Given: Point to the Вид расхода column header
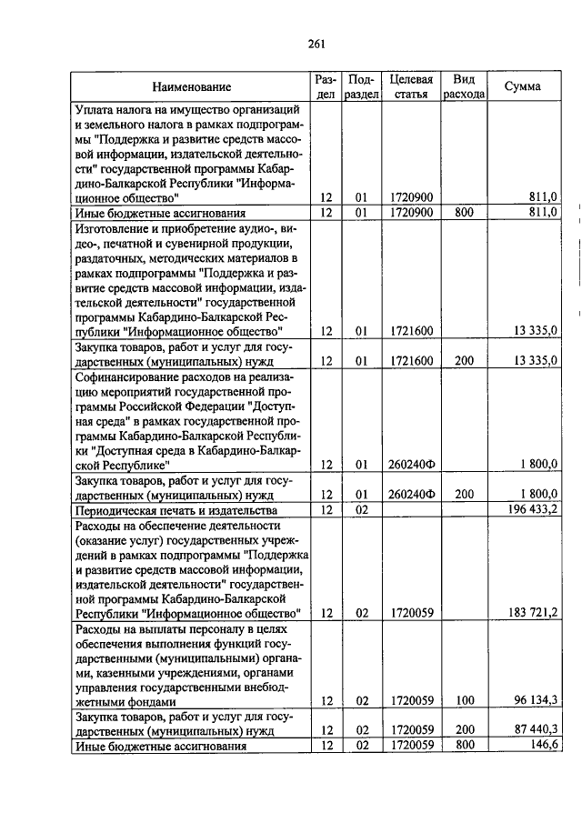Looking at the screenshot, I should (464, 87).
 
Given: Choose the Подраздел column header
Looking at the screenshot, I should (361, 87).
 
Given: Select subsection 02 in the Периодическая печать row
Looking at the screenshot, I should (361, 509).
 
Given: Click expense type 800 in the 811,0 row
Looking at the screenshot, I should (464, 212).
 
